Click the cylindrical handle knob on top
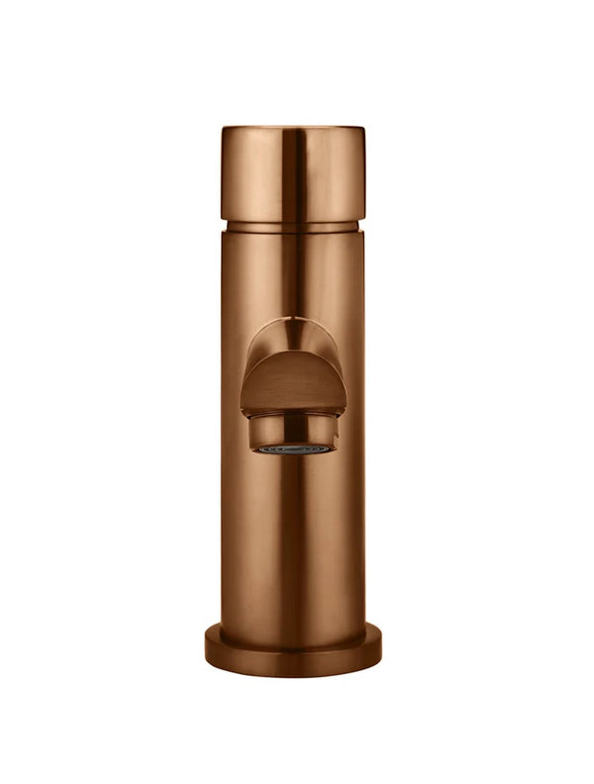[x=293, y=173]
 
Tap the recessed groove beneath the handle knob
[x=293, y=225]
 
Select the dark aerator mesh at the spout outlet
[x=294, y=448]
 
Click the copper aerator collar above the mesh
[x=294, y=430]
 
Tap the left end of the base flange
[x=209, y=648]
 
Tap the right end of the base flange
[x=378, y=648]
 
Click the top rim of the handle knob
[x=293, y=129]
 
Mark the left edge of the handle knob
[x=223, y=173]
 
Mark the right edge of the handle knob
[x=364, y=173]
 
